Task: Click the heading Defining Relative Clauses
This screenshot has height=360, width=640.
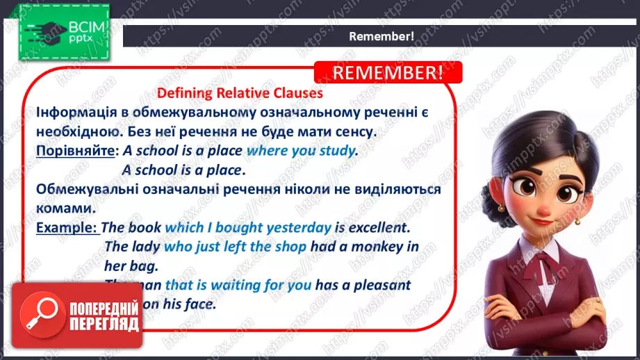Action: click(x=240, y=92)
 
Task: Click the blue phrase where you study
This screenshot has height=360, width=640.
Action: click(x=301, y=150)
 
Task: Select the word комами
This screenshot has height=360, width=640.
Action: click(x=63, y=208)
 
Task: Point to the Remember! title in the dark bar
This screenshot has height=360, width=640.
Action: click(x=381, y=36)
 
